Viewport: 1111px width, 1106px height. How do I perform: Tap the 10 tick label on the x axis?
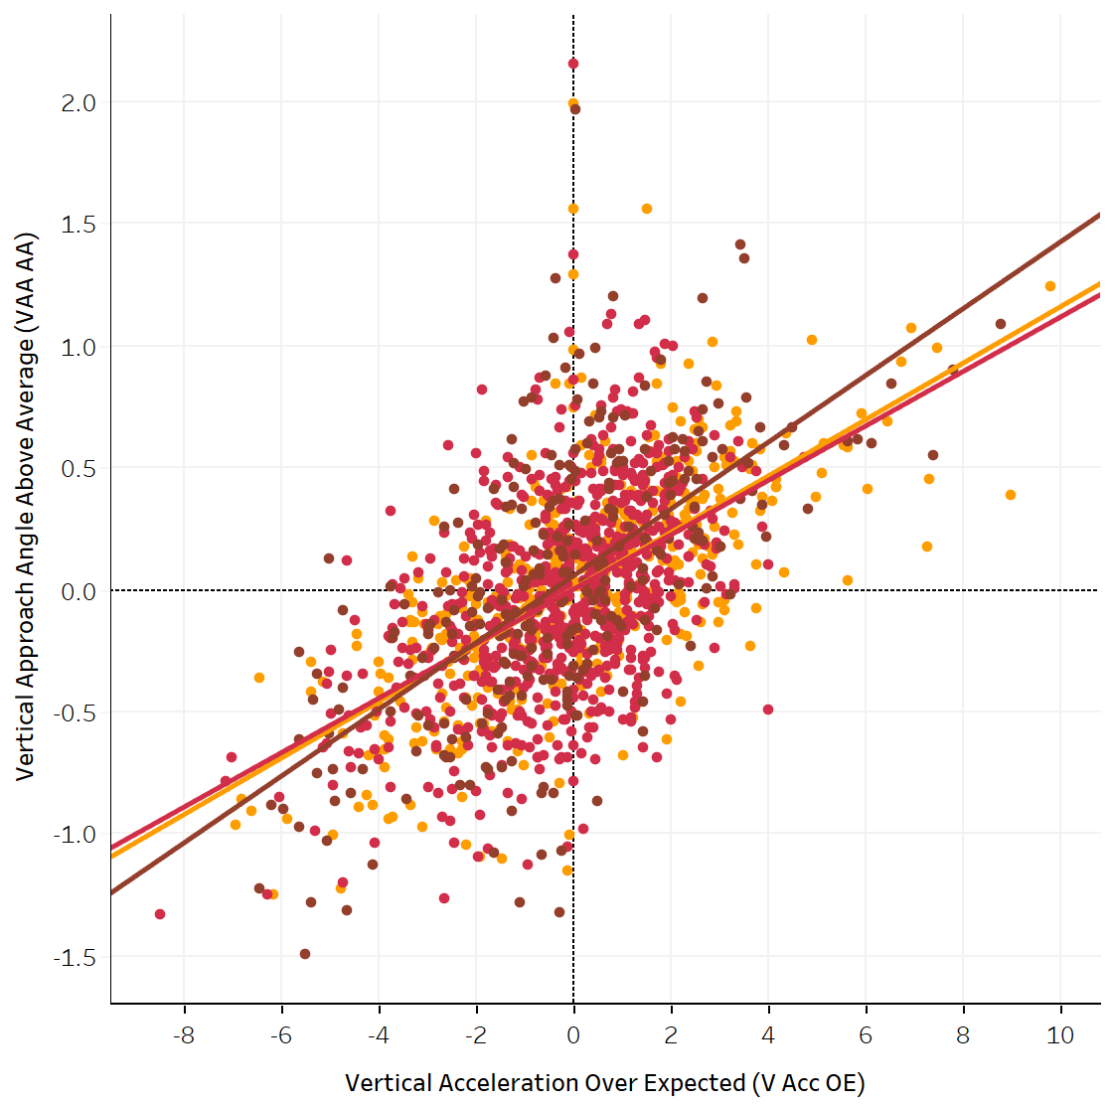[1060, 1035]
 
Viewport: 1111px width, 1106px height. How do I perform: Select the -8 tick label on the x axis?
[183, 1035]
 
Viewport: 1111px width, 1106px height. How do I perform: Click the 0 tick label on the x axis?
[573, 1035]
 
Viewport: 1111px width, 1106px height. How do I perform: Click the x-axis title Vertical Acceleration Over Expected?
[604, 1083]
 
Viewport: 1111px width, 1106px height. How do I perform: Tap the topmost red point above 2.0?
[573, 64]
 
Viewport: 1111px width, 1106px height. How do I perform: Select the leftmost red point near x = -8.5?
[160, 914]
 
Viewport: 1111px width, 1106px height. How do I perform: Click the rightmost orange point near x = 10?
[1049, 286]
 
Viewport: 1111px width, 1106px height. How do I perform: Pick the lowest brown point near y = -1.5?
[305, 954]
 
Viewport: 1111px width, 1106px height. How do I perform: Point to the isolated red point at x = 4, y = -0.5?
[768, 710]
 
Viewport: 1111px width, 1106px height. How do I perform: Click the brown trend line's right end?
[1098, 215]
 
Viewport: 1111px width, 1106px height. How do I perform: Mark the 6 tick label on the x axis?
[866, 1035]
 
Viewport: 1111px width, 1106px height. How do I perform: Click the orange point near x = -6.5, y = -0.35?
[259, 678]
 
